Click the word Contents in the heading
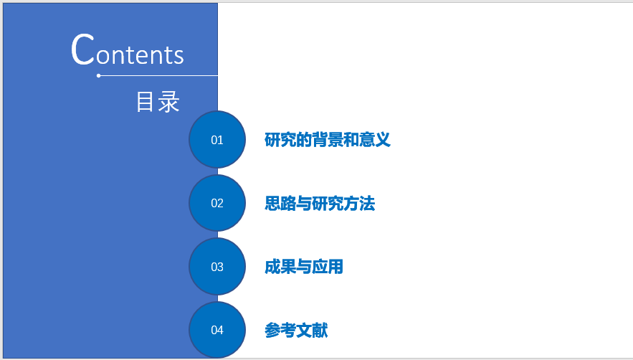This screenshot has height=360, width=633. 128,49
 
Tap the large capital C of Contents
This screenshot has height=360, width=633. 82,49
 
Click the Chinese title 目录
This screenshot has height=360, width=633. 158,101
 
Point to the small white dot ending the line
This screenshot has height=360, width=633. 98,75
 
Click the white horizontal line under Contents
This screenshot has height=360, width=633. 158,75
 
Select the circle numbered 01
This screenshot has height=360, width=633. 217,139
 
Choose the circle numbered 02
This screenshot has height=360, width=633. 217,203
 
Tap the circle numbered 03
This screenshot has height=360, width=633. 217,267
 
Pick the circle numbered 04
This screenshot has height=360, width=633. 217,330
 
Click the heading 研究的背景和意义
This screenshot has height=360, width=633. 328,140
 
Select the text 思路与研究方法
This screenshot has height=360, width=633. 320,203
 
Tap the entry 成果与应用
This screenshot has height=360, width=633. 303,267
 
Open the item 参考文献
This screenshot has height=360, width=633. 296,330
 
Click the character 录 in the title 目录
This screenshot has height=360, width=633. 168,102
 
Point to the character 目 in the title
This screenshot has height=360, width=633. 144,102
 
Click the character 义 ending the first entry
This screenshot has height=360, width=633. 383,140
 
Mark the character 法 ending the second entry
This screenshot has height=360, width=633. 367,203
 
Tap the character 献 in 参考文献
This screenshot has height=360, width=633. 320,330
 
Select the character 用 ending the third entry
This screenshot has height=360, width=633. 335,267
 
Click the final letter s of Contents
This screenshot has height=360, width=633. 179,56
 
